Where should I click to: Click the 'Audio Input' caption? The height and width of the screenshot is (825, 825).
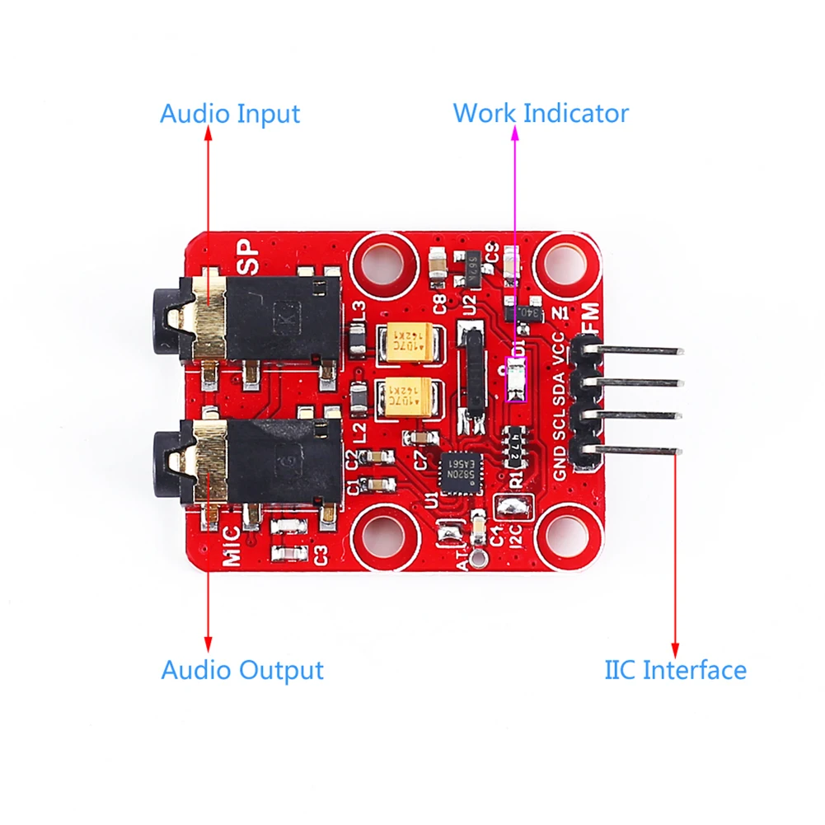click(229, 113)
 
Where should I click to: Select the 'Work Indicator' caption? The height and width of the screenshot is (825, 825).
click(541, 113)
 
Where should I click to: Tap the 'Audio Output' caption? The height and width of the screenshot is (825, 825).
click(242, 669)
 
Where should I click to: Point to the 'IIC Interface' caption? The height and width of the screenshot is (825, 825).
click(675, 669)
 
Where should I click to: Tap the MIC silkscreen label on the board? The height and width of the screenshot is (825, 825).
click(233, 545)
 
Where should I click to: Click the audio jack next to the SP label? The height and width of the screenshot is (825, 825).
click(255, 316)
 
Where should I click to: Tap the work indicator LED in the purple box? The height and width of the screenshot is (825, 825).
click(516, 380)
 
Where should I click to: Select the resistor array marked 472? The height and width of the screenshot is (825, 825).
click(518, 443)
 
